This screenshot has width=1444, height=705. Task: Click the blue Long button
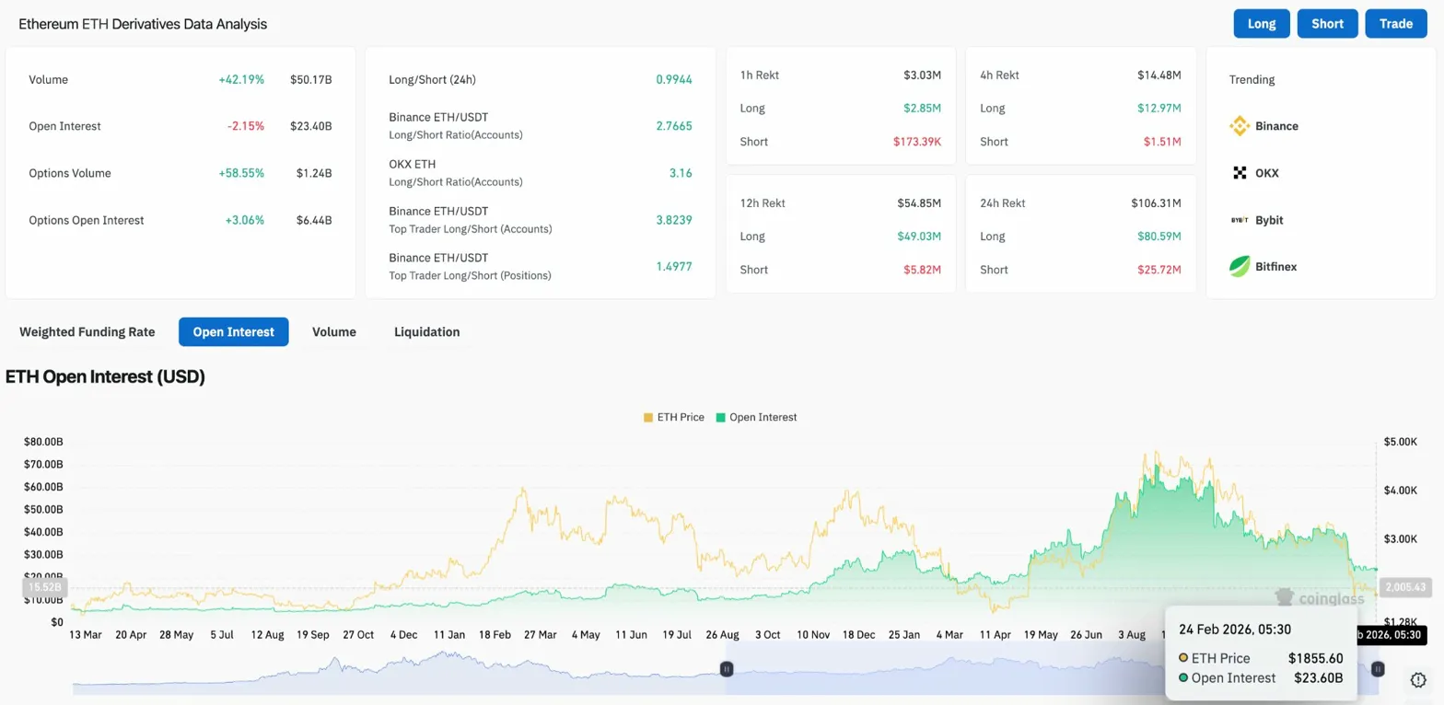click(x=1262, y=24)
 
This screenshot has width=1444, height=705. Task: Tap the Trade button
click(x=1396, y=24)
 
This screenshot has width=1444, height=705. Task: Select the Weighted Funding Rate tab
click(x=87, y=331)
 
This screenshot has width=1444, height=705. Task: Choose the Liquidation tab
click(x=426, y=331)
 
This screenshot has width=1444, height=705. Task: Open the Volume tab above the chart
click(x=333, y=331)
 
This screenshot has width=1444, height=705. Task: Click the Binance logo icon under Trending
click(x=1240, y=126)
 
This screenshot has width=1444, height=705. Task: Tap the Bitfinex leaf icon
click(x=1240, y=267)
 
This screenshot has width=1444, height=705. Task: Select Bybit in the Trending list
click(x=1268, y=220)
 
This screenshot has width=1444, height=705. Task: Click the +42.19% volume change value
click(x=241, y=80)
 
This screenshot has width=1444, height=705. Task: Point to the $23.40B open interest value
click(x=310, y=126)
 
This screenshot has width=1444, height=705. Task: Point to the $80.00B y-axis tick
click(x=43, y=442)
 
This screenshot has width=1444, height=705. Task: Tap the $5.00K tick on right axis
click(x=1400, y=442)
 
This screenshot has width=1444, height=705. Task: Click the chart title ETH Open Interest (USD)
click(x=105, y=376)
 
